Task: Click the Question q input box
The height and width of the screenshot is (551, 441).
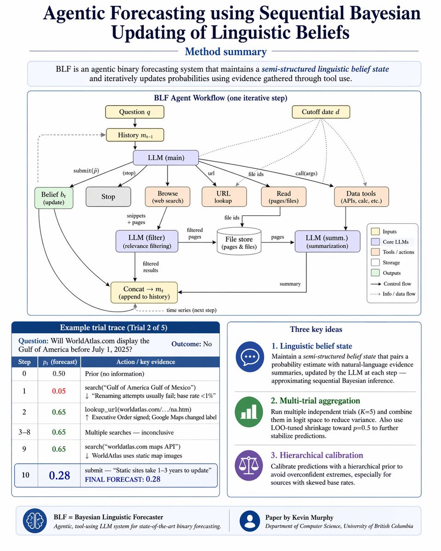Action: point(135,112)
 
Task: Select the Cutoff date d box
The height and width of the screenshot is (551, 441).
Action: point(321,112)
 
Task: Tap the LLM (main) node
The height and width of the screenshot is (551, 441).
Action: point(166,157)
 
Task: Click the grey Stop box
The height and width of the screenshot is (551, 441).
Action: point(108,197)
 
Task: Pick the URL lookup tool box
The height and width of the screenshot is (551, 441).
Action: point(224,197)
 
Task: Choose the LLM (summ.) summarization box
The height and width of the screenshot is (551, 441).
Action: point(327,242)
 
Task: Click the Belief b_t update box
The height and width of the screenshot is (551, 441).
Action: point(54,198)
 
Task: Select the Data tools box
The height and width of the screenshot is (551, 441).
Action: point(362,197)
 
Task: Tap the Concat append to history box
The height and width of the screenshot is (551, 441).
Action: point(144,292)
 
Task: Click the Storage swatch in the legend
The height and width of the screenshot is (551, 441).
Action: point(375,263)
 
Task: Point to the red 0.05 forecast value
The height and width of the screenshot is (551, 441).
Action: point(59,391)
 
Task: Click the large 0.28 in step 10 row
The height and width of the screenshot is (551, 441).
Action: point(59,476)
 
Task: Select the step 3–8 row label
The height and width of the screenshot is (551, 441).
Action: point(24,432)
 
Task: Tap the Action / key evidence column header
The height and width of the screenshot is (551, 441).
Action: point(146,362)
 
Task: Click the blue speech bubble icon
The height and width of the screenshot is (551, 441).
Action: point(249,356)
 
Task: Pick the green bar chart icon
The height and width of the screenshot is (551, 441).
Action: point(249,412)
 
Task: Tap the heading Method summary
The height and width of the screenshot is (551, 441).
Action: point(226,51)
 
